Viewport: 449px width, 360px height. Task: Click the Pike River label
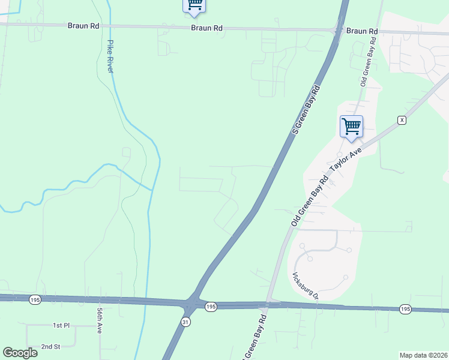coord(110,56)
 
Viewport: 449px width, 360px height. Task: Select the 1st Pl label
coord(61,325)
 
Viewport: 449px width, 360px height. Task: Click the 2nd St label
coord(51,347)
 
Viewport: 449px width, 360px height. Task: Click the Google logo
coord(20,353)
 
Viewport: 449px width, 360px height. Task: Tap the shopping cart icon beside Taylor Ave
coord(351,127)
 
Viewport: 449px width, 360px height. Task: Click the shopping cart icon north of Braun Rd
coord(194,5)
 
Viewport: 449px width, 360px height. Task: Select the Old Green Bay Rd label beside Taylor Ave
coord(310,201)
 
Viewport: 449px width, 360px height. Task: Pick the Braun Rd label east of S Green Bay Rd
coord(362,31)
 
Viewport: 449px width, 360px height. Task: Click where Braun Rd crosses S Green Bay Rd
coord(338,29)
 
